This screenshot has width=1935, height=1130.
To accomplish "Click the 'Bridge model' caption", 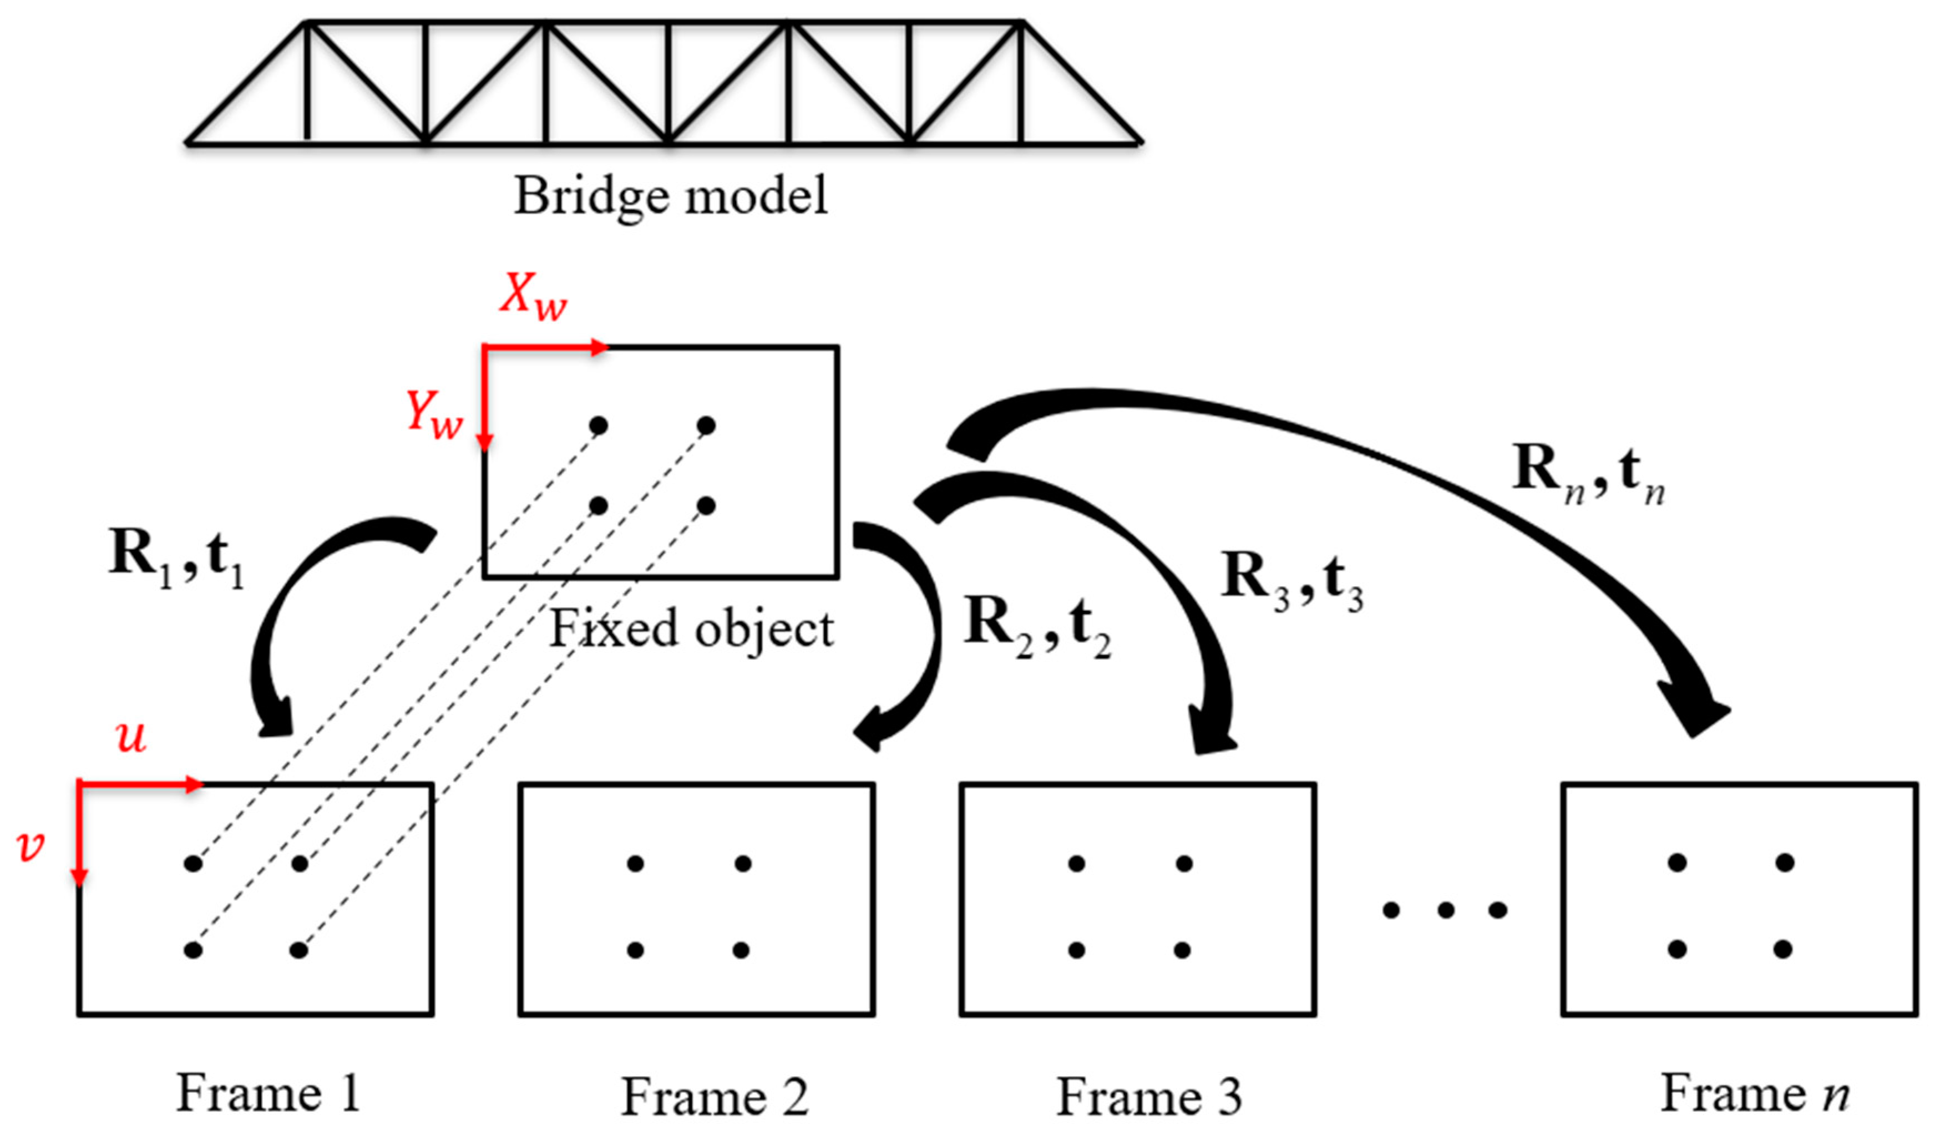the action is pyautogui.click(x=670, y=196).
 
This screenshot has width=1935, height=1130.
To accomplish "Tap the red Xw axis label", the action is pyautogui.click(x=534, y=295).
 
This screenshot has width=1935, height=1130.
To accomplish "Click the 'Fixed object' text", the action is pyautogui.click(x=692, y=630).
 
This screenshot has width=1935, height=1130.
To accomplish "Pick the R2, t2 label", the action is pyautogui.click(x=1037, y=626).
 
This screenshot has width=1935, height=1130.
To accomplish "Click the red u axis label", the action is pyautogui.click(x=131, y=737).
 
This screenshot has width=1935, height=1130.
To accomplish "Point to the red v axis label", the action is pyautogui.click(x=31, y=846).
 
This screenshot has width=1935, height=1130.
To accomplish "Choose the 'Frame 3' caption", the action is pyautogui.click(x=1149, y=1096).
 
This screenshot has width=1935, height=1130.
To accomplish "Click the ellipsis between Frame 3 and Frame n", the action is pyautogui.click(x=1445, y=910).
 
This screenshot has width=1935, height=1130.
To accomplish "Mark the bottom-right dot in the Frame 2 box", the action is pyautogui.click(x=741, y=950).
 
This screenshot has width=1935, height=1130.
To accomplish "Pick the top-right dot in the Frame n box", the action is pyautogui.click(x=1785, y=863).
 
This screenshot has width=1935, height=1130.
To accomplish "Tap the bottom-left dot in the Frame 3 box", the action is pyautogui.click(x=1077, y=950).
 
